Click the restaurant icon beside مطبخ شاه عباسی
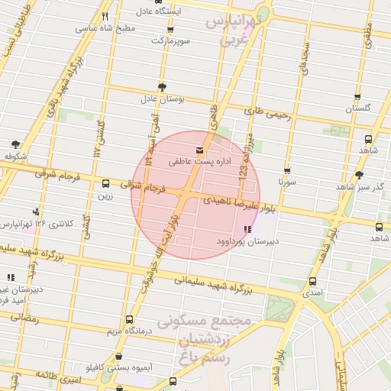[105, 16]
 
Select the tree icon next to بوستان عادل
[161, 87]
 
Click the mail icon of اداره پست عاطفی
[200, 147]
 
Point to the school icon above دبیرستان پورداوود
[247, 229]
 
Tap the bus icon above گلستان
[357, 97]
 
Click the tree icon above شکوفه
[15, 144]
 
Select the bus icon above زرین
[105, 183]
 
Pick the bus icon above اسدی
[312, 281]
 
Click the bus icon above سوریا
[287, 172]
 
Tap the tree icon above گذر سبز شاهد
[360, 175]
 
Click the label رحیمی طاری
[267, 113]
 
